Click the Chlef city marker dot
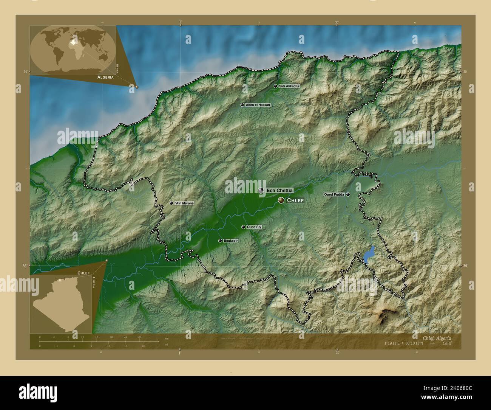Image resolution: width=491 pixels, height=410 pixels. [x=281, y=200]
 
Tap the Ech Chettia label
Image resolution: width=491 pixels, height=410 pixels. [x=279, y=191]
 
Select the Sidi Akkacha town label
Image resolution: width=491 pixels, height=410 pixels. [x=289, y=86]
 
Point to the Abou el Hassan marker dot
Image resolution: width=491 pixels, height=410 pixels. [x=242, y=105]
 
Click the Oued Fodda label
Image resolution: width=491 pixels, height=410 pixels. [x=334, y=194]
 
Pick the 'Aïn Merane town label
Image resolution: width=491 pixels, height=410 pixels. [x=184, y=203]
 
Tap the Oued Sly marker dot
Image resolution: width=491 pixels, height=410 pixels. [x=243, y=227]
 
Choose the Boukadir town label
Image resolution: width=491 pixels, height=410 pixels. [x=231, y=241]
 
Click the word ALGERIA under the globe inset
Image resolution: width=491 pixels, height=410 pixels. [x=105, y=77]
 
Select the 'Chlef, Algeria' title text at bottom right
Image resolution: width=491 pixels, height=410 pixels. [x=437, y=337]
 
